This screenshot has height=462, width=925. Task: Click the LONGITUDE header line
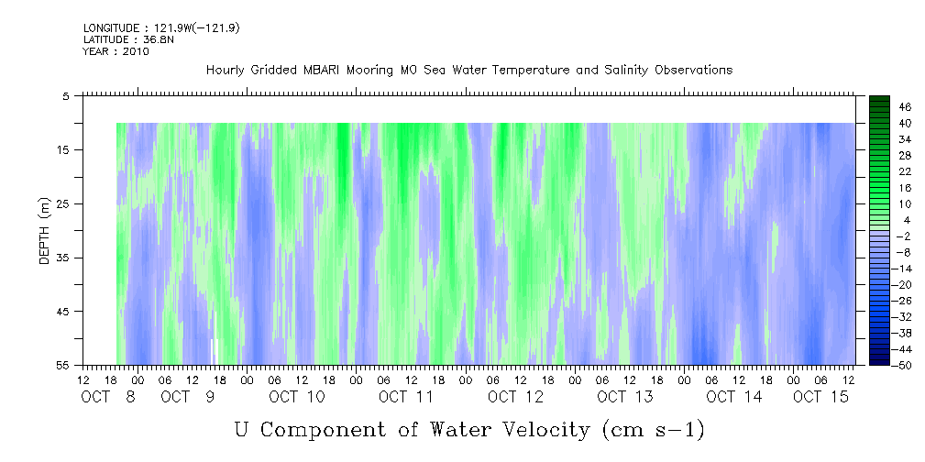tap(161, 27)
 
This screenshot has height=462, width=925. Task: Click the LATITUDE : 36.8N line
tap(124, 39)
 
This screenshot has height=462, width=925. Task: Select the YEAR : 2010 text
tap(116, 51)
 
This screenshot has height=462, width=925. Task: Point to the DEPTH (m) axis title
tap(45, 231)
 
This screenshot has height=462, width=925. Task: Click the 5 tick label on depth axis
tap(65, 96)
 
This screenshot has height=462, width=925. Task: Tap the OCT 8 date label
tap(108, 397)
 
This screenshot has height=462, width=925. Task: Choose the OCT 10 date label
tap(297, 397)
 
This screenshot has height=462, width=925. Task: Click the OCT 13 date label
tap(624, 397)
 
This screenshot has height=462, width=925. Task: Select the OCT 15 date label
tap(820, 397)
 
